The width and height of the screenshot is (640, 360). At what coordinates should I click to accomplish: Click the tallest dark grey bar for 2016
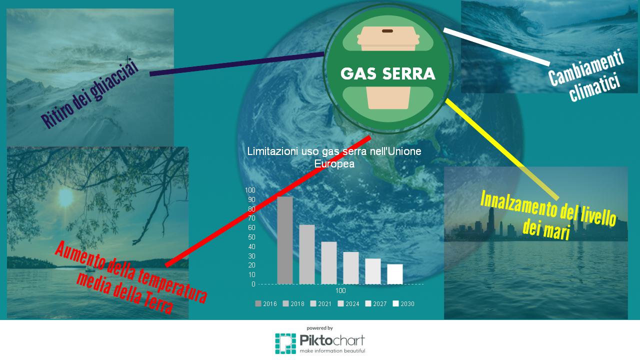click(x=285, y=240)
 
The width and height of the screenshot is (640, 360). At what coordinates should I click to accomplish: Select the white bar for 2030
click(x=395, y=274)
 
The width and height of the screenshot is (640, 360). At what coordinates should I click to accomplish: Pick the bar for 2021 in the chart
click(x=329, y=263)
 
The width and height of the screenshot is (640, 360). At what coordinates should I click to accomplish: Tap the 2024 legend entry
click(x=348, y=303)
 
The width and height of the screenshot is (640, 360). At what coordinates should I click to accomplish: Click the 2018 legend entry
click(x=293, y=303)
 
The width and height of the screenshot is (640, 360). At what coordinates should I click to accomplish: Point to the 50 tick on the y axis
click(x=251, y=237)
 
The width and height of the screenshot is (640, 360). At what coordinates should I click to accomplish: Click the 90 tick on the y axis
click(x=251, y=199)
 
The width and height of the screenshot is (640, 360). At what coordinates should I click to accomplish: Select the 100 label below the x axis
click(x=340, y=290)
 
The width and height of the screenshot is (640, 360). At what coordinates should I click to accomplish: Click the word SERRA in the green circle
click(x=409, y=73)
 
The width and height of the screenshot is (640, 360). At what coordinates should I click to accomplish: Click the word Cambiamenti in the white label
click(x=585, y=67)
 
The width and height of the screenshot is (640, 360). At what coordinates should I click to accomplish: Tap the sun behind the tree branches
click(x=65, y=197)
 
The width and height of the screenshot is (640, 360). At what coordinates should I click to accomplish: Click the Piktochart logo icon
click(x=285, y=343)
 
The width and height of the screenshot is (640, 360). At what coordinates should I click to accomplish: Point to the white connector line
click(x=496, y=47)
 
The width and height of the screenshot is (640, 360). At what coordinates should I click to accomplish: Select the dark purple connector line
click(x=237, y=64)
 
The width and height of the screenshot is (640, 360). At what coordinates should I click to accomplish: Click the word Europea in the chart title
click(x=334, y=164)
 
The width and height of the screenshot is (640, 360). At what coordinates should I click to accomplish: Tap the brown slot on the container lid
click(x=387, y=31)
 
